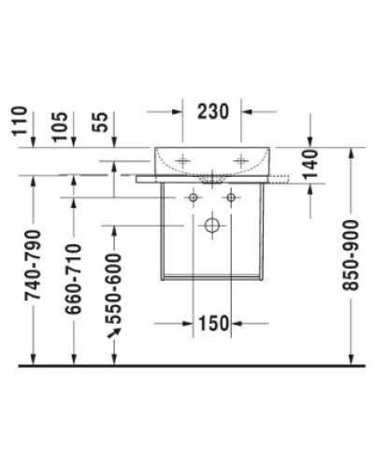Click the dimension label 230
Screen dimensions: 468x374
212,111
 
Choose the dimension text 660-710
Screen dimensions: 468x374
74,278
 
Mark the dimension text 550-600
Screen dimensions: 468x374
115,285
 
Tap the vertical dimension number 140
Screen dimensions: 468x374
312,163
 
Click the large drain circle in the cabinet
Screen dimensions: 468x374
212,226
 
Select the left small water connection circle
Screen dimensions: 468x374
194,198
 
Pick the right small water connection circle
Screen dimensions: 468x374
230,198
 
